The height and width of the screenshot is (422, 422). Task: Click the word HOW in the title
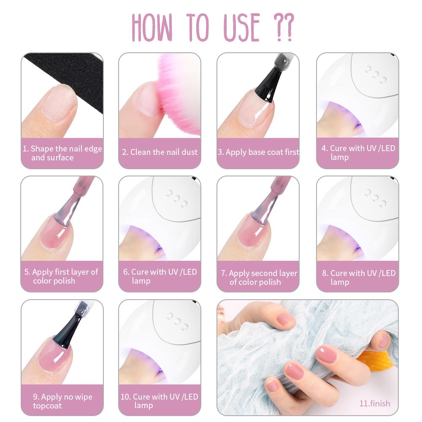(x=152, y=27)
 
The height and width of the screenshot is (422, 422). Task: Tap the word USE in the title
(x=242, y=27)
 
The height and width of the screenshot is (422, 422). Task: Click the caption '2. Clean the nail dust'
(x=160, y=152)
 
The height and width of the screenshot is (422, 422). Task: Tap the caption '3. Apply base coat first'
(x=258, y=152)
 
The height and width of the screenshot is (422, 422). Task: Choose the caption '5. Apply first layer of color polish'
(x=61, y=276)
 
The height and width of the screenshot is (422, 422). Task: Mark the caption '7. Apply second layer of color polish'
(x=259, y=278)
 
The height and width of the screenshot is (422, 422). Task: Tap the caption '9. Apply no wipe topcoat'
(x=62, y=401)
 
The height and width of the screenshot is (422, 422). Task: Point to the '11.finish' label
(x=375, y=403)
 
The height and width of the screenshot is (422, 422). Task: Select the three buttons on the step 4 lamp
(x=376, y=74)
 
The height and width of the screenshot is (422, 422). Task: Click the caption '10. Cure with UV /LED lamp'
(x=160, y=401)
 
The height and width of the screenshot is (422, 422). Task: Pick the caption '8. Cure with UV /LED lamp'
(x=358, y=278)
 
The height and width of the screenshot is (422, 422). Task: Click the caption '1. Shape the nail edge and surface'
(x=62, y=153)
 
